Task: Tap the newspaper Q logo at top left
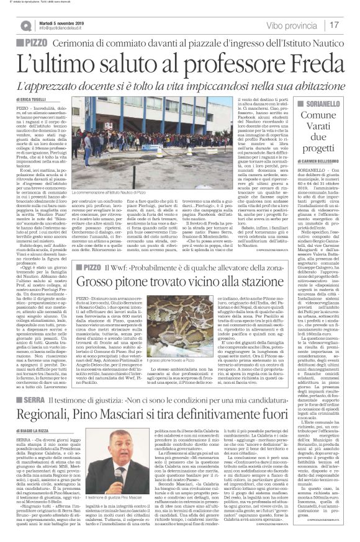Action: point(25,25)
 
